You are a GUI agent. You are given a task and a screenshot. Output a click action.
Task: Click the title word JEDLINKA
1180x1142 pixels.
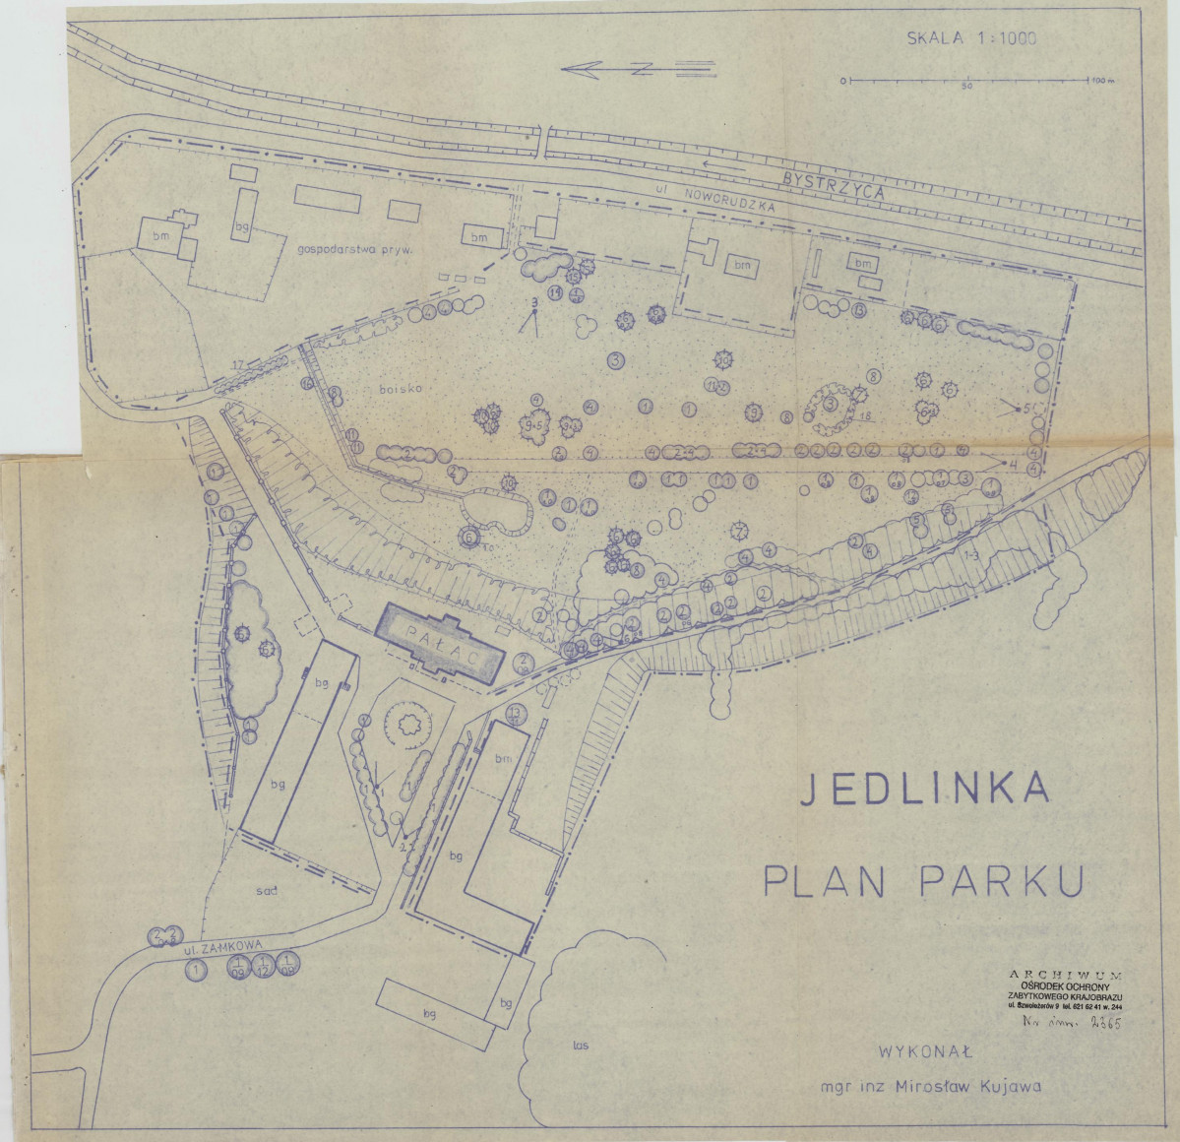click(923, 790)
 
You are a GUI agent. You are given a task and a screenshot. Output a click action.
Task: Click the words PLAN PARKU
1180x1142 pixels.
click(923, 881)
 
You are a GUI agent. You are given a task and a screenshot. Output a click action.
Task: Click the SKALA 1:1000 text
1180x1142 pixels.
click(971, 39)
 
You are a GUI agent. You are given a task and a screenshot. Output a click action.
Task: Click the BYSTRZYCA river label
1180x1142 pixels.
click(834, 184)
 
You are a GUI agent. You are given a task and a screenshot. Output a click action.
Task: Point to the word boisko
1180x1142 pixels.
click(401, 389)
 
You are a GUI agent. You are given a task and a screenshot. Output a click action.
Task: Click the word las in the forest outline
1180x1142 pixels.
click(580, 1045)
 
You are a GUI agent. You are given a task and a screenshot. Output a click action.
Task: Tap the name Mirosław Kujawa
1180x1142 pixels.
click(969, 1087)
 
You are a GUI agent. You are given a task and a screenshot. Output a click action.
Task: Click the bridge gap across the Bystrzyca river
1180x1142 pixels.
click(543, 141)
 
